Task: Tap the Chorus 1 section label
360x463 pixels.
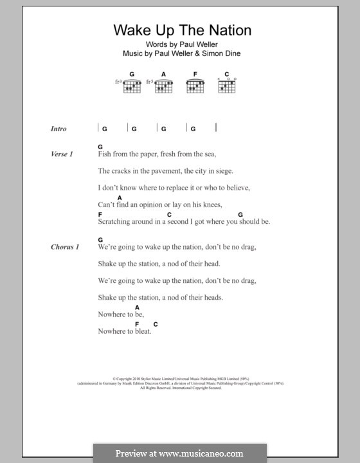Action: pyautogui.click(x=65, y=247)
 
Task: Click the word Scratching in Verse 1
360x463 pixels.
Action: pyautogui.click(x=114, y=222)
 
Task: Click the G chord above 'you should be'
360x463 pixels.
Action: pyautogui.click(x=240, y=214)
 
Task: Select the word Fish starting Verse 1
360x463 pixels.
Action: pyautogui.click(x=105, y=154)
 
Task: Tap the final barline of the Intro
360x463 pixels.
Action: pyautogui.click(x=217, y=127)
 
